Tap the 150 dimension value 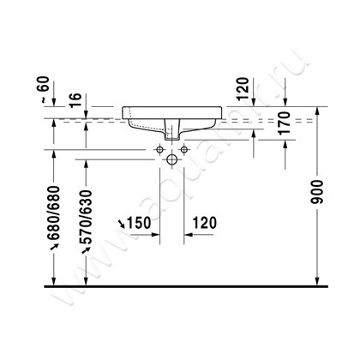(139, 224)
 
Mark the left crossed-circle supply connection (159, 151)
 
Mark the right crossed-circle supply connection (183, 151)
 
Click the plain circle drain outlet (171, 159)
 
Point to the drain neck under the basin (171, 134)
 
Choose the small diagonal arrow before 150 (121, 225)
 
